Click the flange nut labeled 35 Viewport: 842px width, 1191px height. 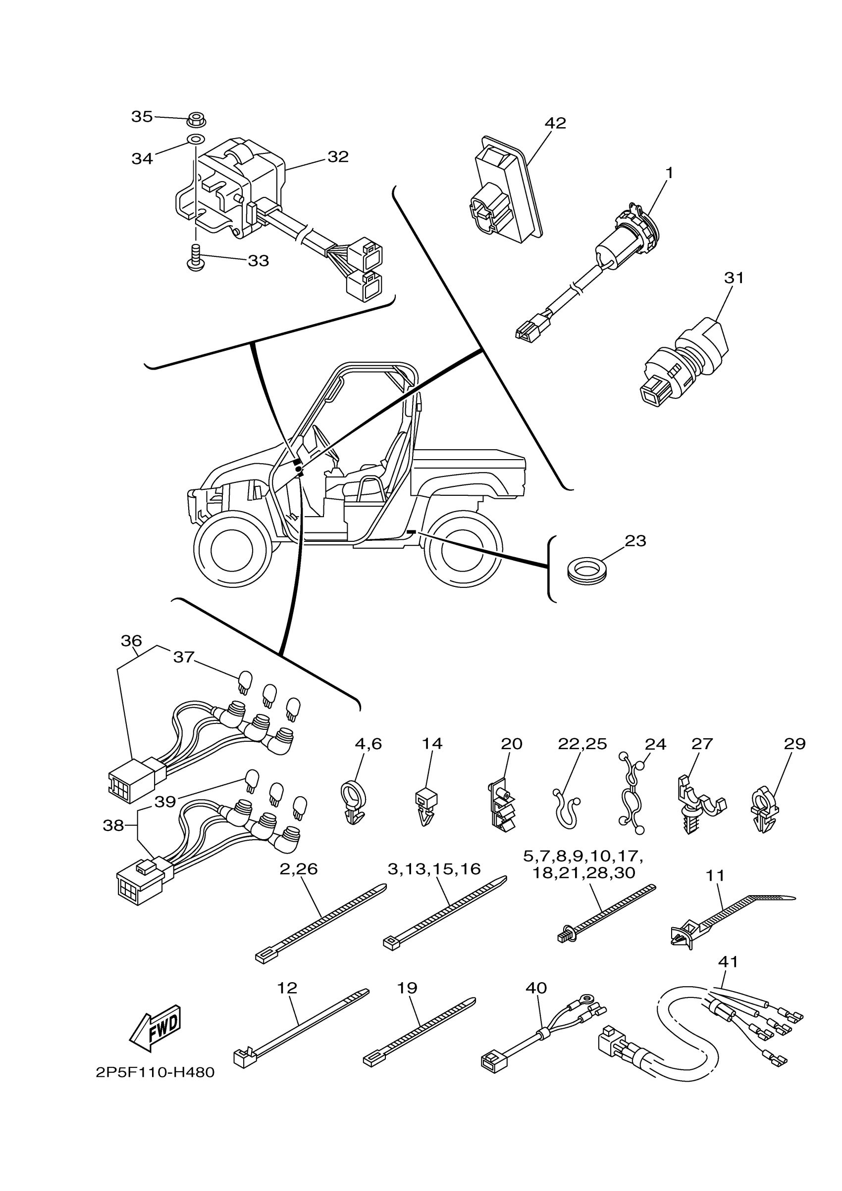click(196, 119)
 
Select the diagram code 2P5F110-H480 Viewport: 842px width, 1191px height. click(155, 1072)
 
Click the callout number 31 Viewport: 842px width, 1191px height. click(734, 278)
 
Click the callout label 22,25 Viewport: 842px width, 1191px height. click(582, 744)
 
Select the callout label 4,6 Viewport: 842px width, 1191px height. click(368, 744)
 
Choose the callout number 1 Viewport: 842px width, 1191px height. click(669, 173)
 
